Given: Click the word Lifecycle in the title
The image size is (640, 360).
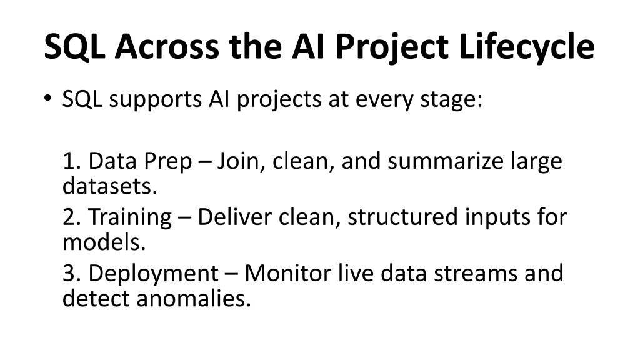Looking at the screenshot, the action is click(526, 47).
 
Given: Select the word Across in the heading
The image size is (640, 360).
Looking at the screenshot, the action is click(166, 46).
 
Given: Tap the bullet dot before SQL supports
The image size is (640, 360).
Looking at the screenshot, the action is click(47, 98).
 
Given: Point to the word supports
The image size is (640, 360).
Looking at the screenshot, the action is click(156, 100).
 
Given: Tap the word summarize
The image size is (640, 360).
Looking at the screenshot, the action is click(446, 161).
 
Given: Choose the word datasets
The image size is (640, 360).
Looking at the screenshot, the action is click(110, 186).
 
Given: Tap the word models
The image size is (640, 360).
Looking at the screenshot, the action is click(104, 242).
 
